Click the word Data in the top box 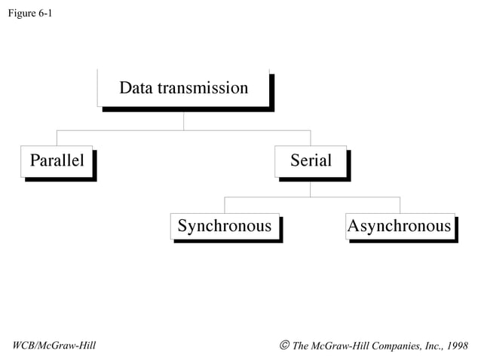(136, 88)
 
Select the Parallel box (57, 160)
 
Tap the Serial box (311, 160)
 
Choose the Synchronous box (225, 226)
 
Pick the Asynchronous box (400, 226)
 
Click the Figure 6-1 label (29, 14)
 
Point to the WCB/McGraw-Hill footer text (55, 346)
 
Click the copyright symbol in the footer (284, 345)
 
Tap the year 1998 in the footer (457, 346)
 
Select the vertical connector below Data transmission (184, 121)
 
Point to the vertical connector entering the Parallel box (57, 138)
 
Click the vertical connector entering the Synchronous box (225, 205)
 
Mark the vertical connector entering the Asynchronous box (400, 205)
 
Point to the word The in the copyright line (301, 346)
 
